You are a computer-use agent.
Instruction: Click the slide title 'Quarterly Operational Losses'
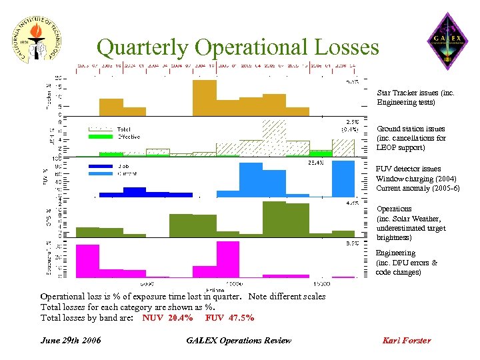[237, 47]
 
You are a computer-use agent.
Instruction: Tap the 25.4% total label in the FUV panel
[315, 162]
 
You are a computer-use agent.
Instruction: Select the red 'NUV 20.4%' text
[167, 318]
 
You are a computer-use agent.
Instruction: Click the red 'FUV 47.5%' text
[229, 318]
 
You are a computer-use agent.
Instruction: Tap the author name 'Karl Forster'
[407, 341]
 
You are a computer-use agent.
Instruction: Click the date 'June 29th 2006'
[71, 341]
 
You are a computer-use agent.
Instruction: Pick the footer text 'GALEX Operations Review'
[239, 341]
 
